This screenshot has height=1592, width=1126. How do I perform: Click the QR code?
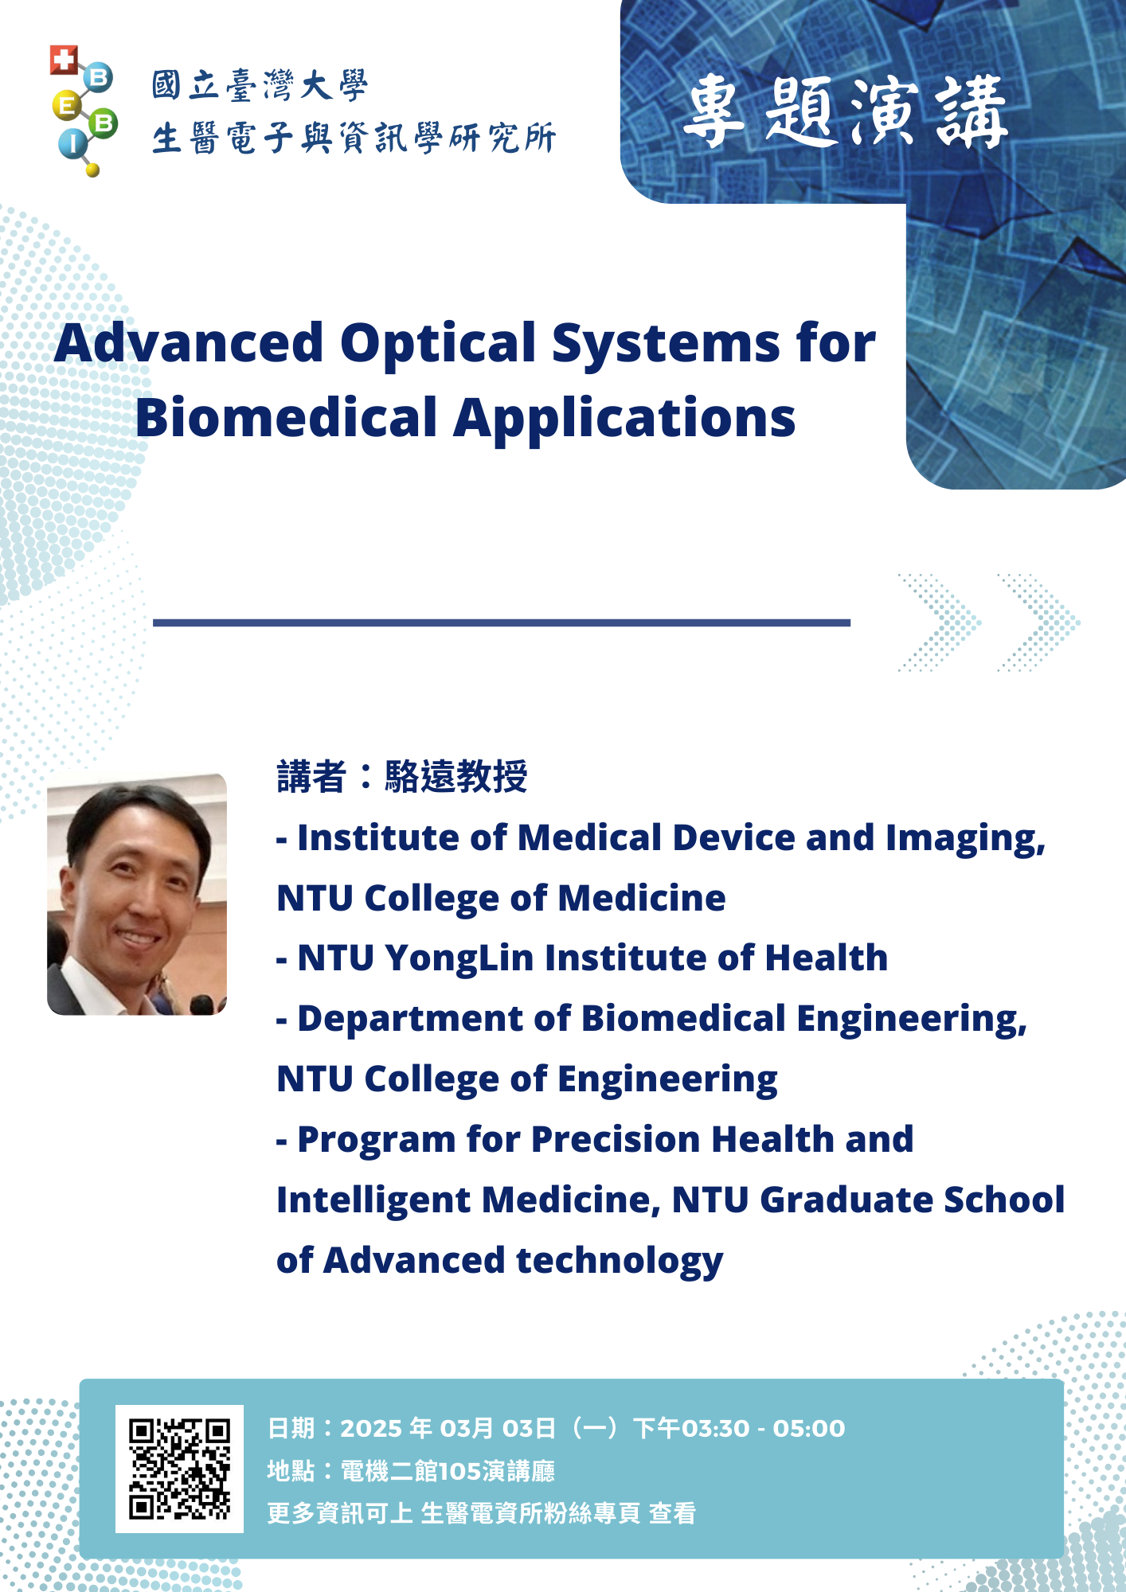pos(179,1469)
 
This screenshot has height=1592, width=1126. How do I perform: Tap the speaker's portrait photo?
pos(137,894)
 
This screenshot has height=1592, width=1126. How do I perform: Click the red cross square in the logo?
pos(64,60)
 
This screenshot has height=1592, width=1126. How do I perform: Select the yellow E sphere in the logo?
pos(67,105)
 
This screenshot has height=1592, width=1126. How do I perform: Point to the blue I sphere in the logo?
pos(72,144)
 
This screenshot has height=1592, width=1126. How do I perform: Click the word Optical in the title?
pos(439,345)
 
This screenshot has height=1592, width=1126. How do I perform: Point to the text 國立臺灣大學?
pos(260,85)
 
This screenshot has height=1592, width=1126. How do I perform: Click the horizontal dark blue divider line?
pos(502,622)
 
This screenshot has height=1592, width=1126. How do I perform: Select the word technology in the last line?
pos(620,1261)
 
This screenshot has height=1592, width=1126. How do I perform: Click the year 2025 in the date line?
pos(373,1428)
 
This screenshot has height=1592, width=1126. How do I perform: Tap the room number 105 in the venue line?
pos(459,1471)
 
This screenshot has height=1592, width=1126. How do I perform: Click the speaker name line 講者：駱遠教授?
pos(402,776)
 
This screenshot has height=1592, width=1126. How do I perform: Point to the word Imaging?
pos(966,839)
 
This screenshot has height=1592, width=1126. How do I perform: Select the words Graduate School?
pos(913,1200)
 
